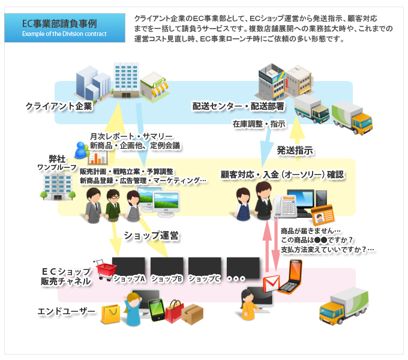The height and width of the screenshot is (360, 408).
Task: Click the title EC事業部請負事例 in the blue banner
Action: tap(58, 24)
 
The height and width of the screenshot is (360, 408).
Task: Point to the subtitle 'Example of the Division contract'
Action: tap(64, 34)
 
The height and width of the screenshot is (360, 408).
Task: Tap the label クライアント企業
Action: tap(59, 106)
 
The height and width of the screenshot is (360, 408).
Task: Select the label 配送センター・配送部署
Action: tap(239, 106)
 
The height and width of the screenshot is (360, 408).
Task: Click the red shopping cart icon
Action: tap(106, 271)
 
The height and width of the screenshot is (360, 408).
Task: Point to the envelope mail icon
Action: tap(273, 282)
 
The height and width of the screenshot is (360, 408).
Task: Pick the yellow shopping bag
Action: tap(111, 314)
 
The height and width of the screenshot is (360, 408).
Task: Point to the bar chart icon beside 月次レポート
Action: tap(97, 158)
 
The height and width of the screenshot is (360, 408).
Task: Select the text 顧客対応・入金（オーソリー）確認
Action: tap(282, 175)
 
